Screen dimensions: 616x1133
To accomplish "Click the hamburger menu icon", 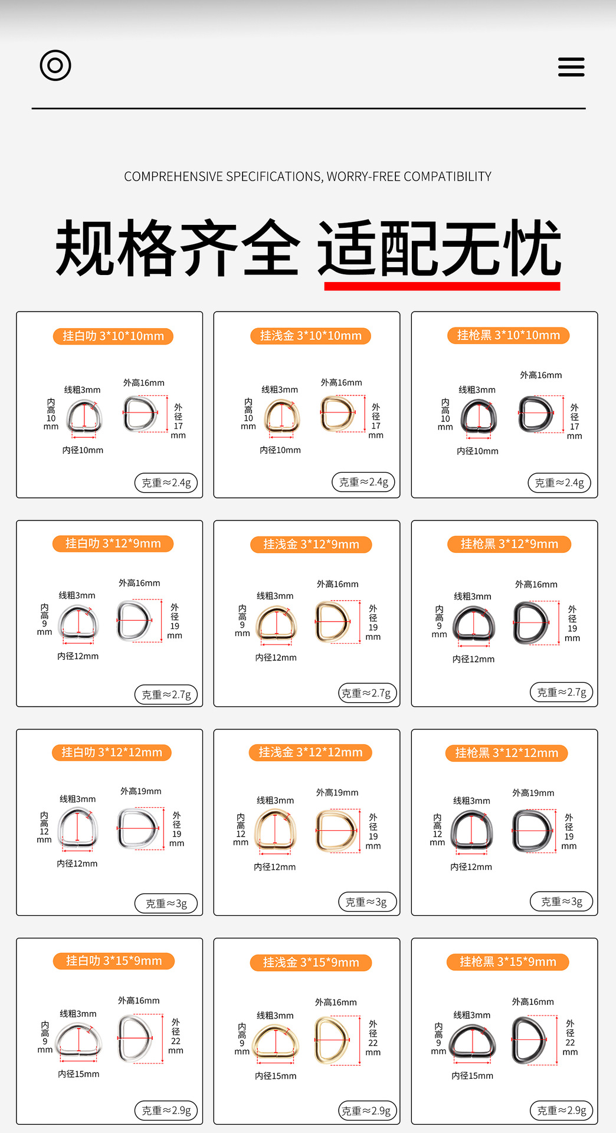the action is click(571, 67).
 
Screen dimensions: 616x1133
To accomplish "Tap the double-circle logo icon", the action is click(55, 65).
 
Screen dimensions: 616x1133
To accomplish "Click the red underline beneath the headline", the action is click(442, 286).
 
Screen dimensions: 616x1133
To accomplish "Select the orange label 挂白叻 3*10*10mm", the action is click(113, 336).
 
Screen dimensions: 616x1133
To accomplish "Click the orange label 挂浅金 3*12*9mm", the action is click(311, 545).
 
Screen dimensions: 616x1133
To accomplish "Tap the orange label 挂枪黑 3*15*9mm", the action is click(508, 962).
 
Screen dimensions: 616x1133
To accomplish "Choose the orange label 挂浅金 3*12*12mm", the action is click(310, 752).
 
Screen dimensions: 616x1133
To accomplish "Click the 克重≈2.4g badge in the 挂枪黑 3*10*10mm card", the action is click(559, 483).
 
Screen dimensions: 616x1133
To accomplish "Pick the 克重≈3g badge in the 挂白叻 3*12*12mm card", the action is click(166, 903).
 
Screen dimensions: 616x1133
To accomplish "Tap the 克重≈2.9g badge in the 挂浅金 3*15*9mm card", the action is click(366, 1111).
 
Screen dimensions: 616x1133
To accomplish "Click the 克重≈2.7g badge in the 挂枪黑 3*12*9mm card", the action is click(562, 692).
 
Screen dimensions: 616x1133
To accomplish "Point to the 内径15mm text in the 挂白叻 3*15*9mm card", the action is click(78, 1074).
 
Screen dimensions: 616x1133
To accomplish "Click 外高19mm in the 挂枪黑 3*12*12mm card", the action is click(533, 793).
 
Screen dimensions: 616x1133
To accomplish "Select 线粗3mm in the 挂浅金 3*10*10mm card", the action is click(280, 389).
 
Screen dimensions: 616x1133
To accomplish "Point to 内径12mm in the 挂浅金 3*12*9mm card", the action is click(276, 657).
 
